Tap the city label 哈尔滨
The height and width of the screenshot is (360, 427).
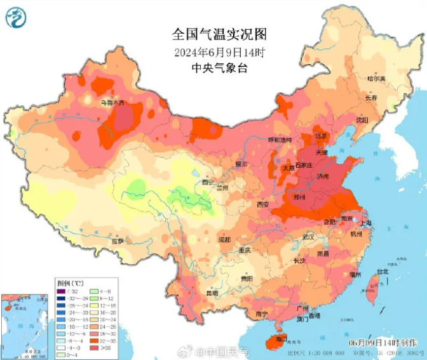(376, 78)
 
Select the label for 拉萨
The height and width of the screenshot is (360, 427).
(117, 241)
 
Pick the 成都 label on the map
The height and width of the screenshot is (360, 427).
(224, 239)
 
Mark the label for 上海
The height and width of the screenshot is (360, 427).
(364, 223)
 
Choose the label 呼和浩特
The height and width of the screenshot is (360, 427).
(280, 140)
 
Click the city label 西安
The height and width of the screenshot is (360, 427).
(263, 204)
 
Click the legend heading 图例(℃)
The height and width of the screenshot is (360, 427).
(70, 283)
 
